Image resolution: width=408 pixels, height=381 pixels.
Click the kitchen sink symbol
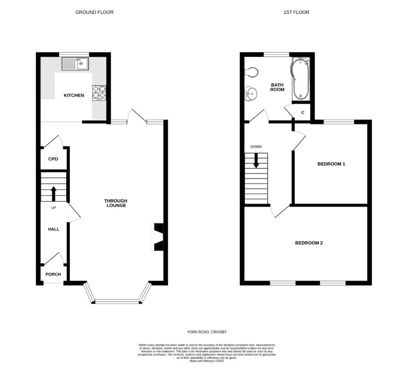click(x=75, y=64)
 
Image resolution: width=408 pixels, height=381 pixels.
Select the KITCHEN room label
click(x=74, y=95)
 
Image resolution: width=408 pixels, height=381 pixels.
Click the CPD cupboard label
click(x=53, y=159)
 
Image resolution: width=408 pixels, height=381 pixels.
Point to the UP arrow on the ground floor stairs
click(x=54, y=193)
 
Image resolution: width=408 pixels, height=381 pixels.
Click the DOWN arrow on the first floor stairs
click(x=256, y=161)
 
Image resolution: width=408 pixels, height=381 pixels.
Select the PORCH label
click(x=53, y=274)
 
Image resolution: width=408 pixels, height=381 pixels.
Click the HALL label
click(x=54, y=229)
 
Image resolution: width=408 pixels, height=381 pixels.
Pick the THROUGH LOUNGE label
click(x=116, y=203)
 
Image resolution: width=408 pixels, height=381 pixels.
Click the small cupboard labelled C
click(x=303, y=113)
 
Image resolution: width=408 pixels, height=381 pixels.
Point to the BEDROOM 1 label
click(x=331, y=164)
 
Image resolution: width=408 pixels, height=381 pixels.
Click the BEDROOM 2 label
click(x=309, y=243)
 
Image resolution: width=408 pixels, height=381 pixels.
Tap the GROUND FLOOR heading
click(x=95, y=12)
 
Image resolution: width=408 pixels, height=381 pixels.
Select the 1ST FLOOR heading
click(x=296, y=12)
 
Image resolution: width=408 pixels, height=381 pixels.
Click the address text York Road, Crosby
click(x=207, y=332)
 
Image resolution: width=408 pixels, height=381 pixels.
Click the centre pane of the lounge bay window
click(x=118, y=301)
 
